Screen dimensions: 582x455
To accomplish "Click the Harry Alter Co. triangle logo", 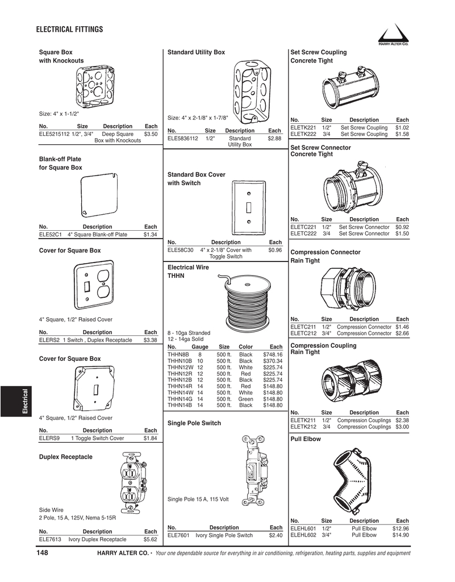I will (x=393, y=35).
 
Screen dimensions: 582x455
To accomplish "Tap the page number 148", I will (x=43, y=553).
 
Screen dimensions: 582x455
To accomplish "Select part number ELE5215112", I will (x=54, y=134).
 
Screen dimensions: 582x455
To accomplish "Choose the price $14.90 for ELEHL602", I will (x=400, y=535).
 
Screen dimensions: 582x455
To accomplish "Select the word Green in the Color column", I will (x=245, y=399).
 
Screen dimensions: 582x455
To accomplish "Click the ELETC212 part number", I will (x=303, y=334).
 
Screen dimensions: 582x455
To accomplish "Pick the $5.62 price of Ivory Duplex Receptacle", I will (x=150, y=539).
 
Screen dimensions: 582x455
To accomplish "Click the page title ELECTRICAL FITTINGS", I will (x=69, y=30).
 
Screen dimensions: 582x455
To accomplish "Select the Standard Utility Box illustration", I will (x=248, y=91).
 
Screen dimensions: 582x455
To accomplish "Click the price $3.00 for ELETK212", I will (x=402, y=426).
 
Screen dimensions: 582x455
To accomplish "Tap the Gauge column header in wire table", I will (x=200, y=347).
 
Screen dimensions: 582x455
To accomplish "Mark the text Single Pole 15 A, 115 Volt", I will (x=198, y=499).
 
